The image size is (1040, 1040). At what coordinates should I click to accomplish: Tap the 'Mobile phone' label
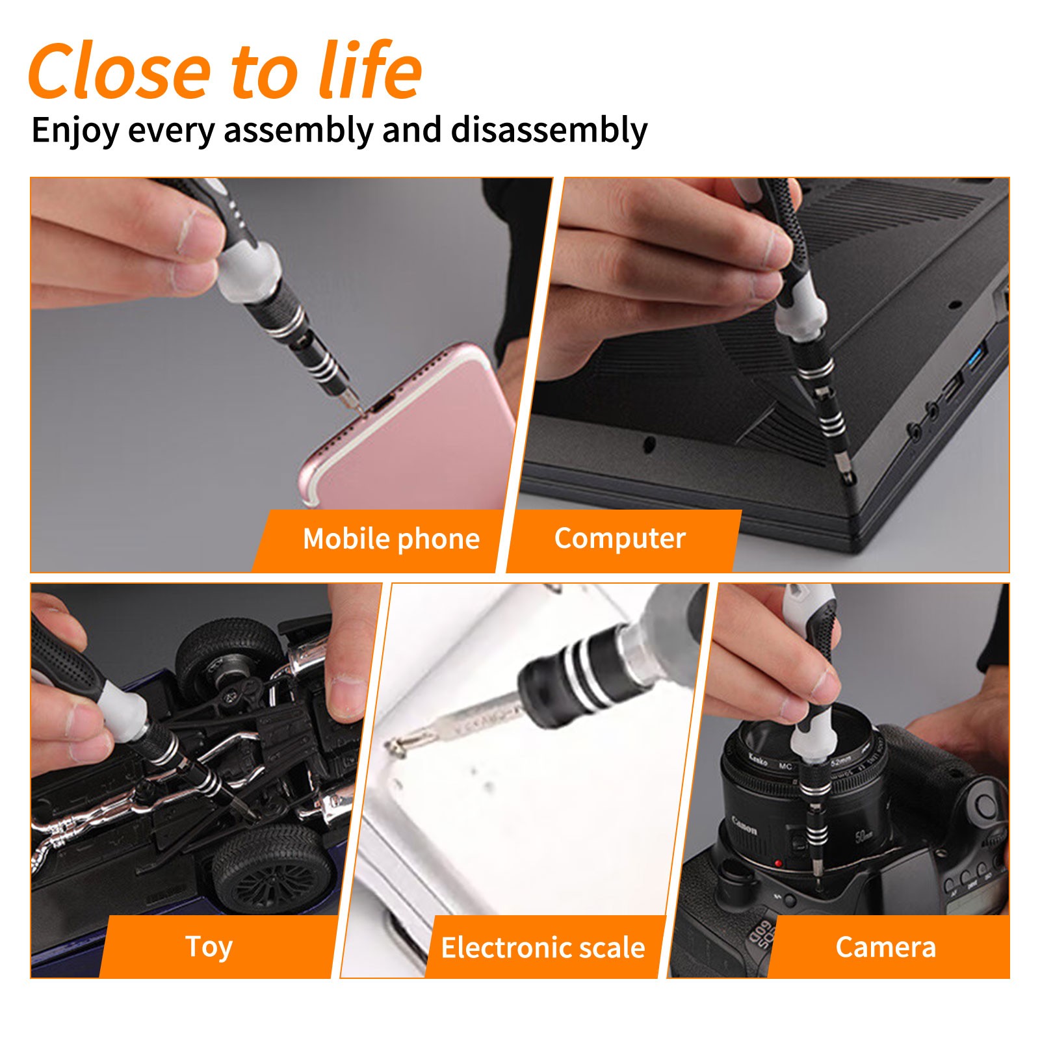(391, 539)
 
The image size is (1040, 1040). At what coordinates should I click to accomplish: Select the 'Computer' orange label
(619, 538)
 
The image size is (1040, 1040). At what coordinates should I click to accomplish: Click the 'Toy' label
(209, 946)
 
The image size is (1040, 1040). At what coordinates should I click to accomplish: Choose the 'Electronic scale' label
(543, 947)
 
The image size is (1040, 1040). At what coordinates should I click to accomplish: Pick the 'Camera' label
(885, 947)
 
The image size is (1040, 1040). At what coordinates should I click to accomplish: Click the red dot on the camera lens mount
(777, 863)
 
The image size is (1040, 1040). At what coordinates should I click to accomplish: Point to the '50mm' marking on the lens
(864, 835)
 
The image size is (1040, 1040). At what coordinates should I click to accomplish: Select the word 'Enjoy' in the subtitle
(75, 130)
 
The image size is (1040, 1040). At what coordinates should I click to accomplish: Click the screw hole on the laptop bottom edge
(649, 445)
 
